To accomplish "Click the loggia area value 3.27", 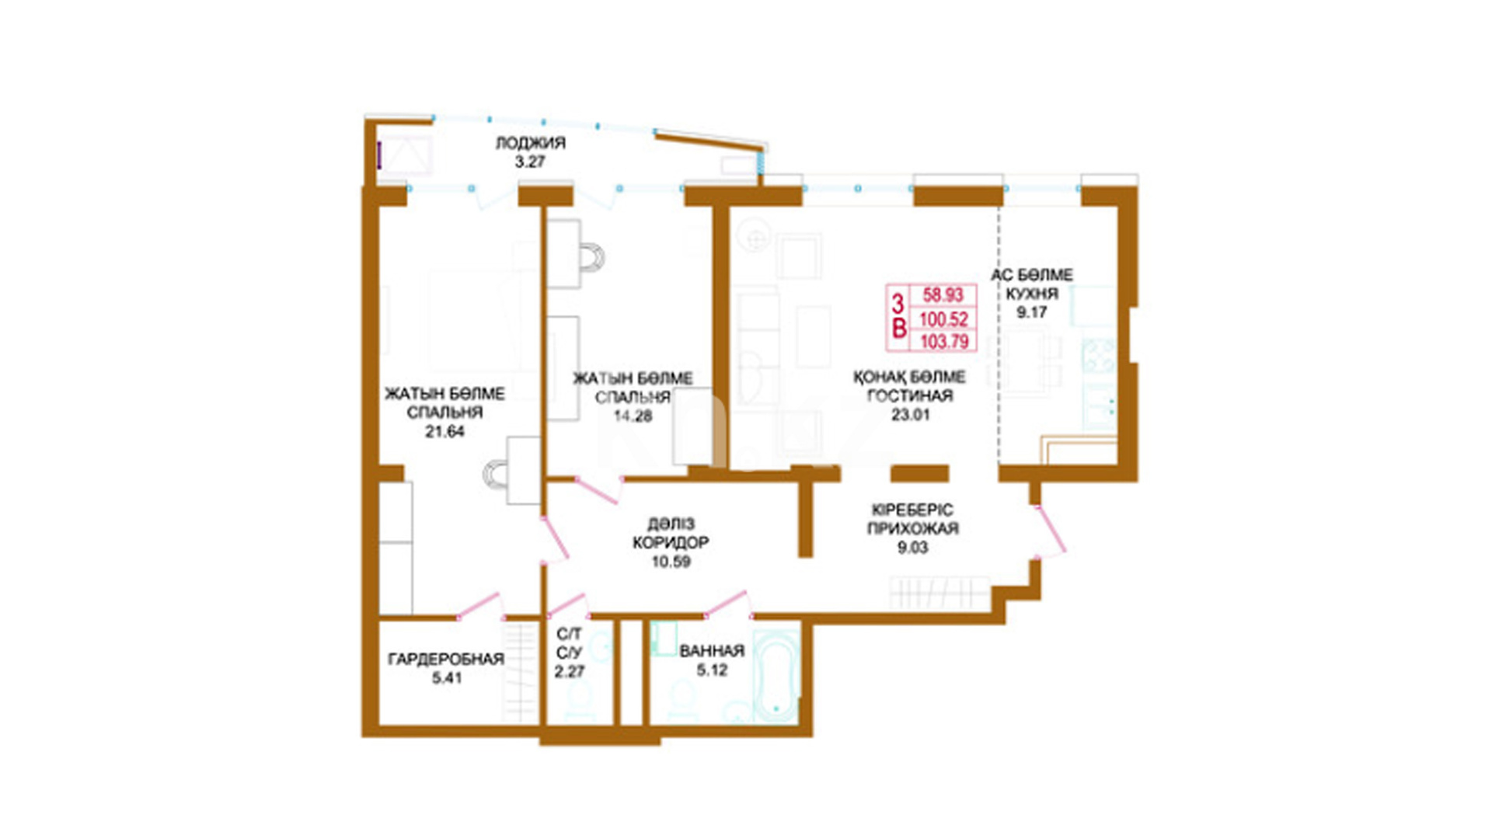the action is pyautogui.click(x=530, y=162).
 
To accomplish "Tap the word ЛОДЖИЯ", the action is pyautogui.click(x=531, y=143).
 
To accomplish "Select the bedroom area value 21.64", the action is pyautogui.click(x=444, y=432).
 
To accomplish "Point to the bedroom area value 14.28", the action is pyautogui.click(x=633, y=416).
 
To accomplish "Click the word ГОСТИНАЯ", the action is pyautogui.click(x=910, y=396).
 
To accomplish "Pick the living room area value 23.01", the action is pyautogui.click(x=910, y=415).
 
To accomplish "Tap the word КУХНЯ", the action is pyautogui.click(x=1032, y=294).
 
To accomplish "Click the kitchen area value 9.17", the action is pyautogui.click(x=1032, y=312).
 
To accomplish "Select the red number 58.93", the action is pyautogui.click(x=943, y=295).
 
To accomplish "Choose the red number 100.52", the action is pyautogui.click(x=943, y=319).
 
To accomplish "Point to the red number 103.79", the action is pyautogui.click(x=944, y=341).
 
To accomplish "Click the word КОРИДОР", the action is pyautogui.click(x=671, y=543).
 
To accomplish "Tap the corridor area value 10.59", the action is pyautogui.click(x=671, y=562).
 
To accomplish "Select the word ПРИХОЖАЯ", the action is pyautogui.click(x=912, y=529).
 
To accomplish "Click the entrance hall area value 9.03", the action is pyautogui.click(x=912, y=548).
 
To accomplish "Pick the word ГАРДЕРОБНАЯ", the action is pyautogui.click(x=446, y=660).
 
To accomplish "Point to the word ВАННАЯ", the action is pyautogui.click(x=712, y=651).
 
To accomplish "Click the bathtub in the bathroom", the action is pyautogui.click(x=776, y=676).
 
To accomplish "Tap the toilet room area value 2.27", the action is pyautogui.click(x=570, y=672).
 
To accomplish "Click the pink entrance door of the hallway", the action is pyautogui.click(x=1051, y=531).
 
